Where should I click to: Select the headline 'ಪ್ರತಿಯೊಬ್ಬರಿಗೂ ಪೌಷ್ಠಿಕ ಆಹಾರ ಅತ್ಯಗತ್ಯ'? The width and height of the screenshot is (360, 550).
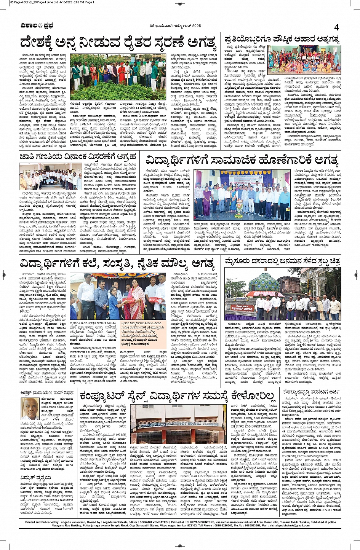[x=282, y=39]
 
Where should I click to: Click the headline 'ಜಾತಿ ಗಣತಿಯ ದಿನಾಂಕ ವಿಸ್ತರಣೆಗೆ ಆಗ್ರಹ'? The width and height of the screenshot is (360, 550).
[x=78, y=156]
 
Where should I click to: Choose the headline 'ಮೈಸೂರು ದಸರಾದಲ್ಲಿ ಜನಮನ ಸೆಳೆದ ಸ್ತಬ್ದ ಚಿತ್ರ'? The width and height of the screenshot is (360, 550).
[x=282, y=261]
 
